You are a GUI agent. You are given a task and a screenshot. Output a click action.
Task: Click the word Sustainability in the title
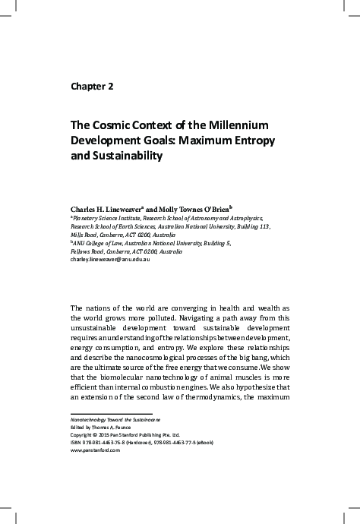[x=128, y=157]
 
